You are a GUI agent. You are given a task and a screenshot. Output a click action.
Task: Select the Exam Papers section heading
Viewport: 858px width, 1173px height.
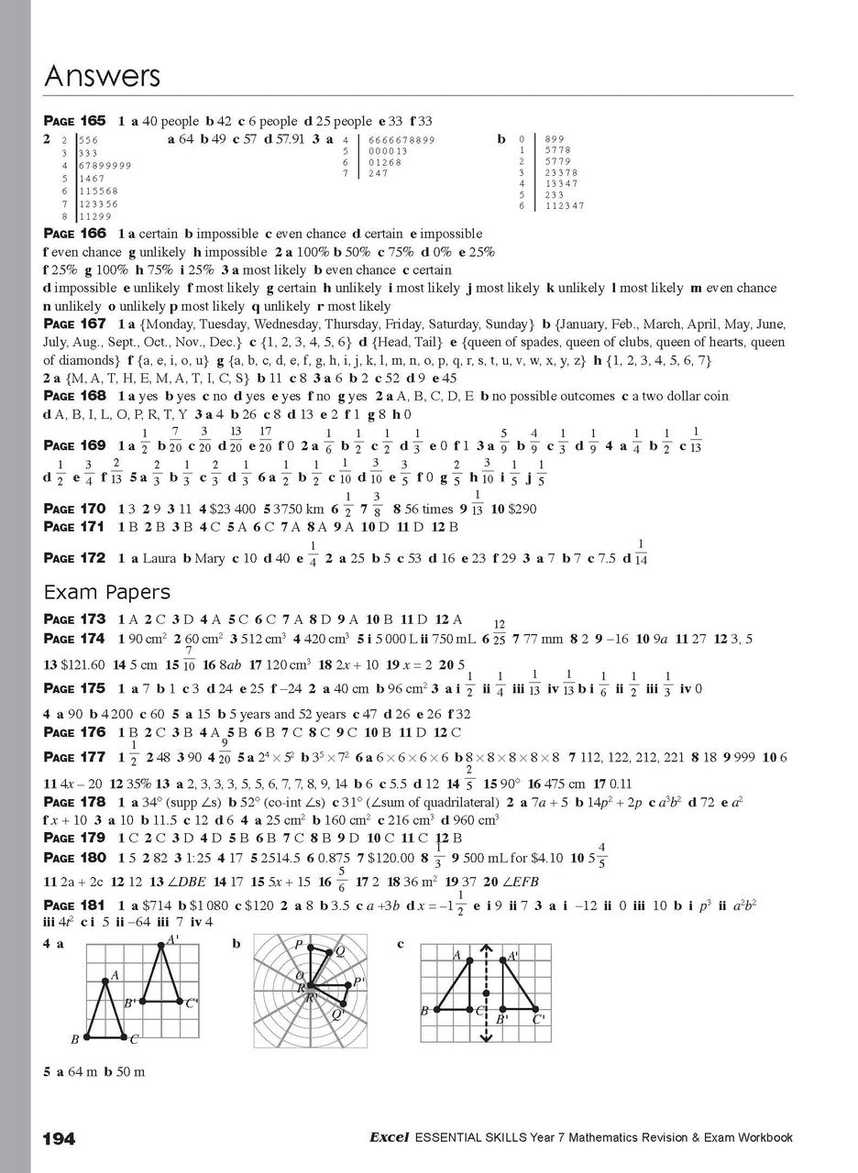pyautogui.click(x=107, y=592)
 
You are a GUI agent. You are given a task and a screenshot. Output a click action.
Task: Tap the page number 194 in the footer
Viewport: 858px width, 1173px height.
pyautogui.click(x=60, y=1138)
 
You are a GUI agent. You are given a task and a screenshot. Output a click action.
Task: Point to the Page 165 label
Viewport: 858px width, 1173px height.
pyautogui.click(x=75, y=121)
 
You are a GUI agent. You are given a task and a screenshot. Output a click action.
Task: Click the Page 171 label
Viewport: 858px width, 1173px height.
pyautogui.click(x=75, y=527)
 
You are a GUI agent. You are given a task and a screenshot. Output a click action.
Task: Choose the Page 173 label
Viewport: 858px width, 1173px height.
pyautogui.click(x=75, y=619)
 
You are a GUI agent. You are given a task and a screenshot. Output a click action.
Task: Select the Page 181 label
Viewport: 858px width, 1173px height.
pyautogui.click(x=75, y=905)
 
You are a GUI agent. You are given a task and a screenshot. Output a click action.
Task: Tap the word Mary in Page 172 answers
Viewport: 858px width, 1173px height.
pyautogui.click(x=206, y=558)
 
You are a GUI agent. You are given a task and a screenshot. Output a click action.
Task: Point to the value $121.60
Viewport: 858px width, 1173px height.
pyautogui.click(x=82, y=663)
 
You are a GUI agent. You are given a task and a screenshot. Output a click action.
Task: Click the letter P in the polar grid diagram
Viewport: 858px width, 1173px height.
pyautogui.click(x=299, y=944)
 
